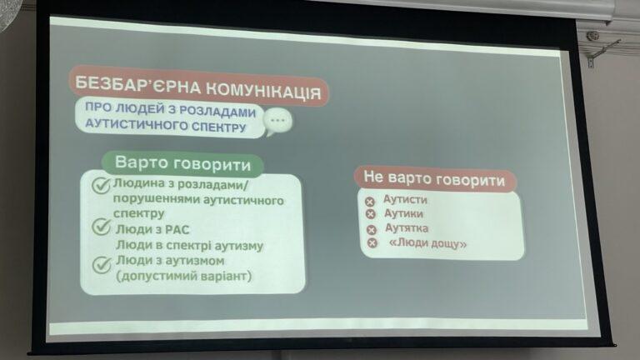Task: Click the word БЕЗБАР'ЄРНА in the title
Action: coord(137,85)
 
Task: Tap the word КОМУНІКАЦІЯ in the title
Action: coord(262,91)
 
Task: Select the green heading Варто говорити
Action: coord(182,164)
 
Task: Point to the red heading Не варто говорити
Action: coord(434,179)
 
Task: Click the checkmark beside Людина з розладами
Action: coord(101,185)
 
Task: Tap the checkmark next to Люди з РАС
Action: coord(101,227)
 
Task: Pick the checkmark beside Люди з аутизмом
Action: coord(102,264)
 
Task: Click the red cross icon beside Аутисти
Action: coord(369,202)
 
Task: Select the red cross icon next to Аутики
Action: coord(370,214)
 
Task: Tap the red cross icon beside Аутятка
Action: coord(371,230)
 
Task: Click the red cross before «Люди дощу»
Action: coord(372,243)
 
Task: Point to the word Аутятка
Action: coord(407,227)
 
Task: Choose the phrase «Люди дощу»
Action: coord(427,243)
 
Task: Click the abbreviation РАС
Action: coord(177,230)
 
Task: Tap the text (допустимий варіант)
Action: coord(183,276)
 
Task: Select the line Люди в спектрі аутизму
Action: coord(189,245)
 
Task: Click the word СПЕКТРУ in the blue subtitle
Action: coord(219,127)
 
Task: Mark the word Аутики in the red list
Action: coord(403,213)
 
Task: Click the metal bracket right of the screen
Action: coord(599,48)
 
